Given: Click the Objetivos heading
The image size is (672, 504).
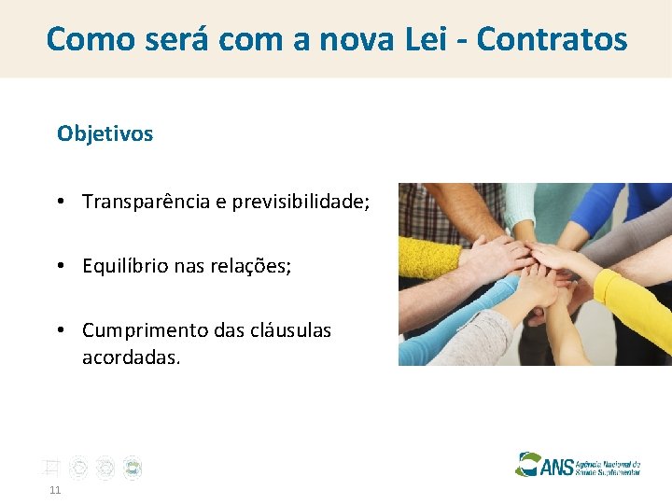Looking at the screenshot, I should point(105,133).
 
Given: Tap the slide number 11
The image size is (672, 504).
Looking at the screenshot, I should point(55,490).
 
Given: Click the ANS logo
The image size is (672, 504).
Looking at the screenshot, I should point(578,465).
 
